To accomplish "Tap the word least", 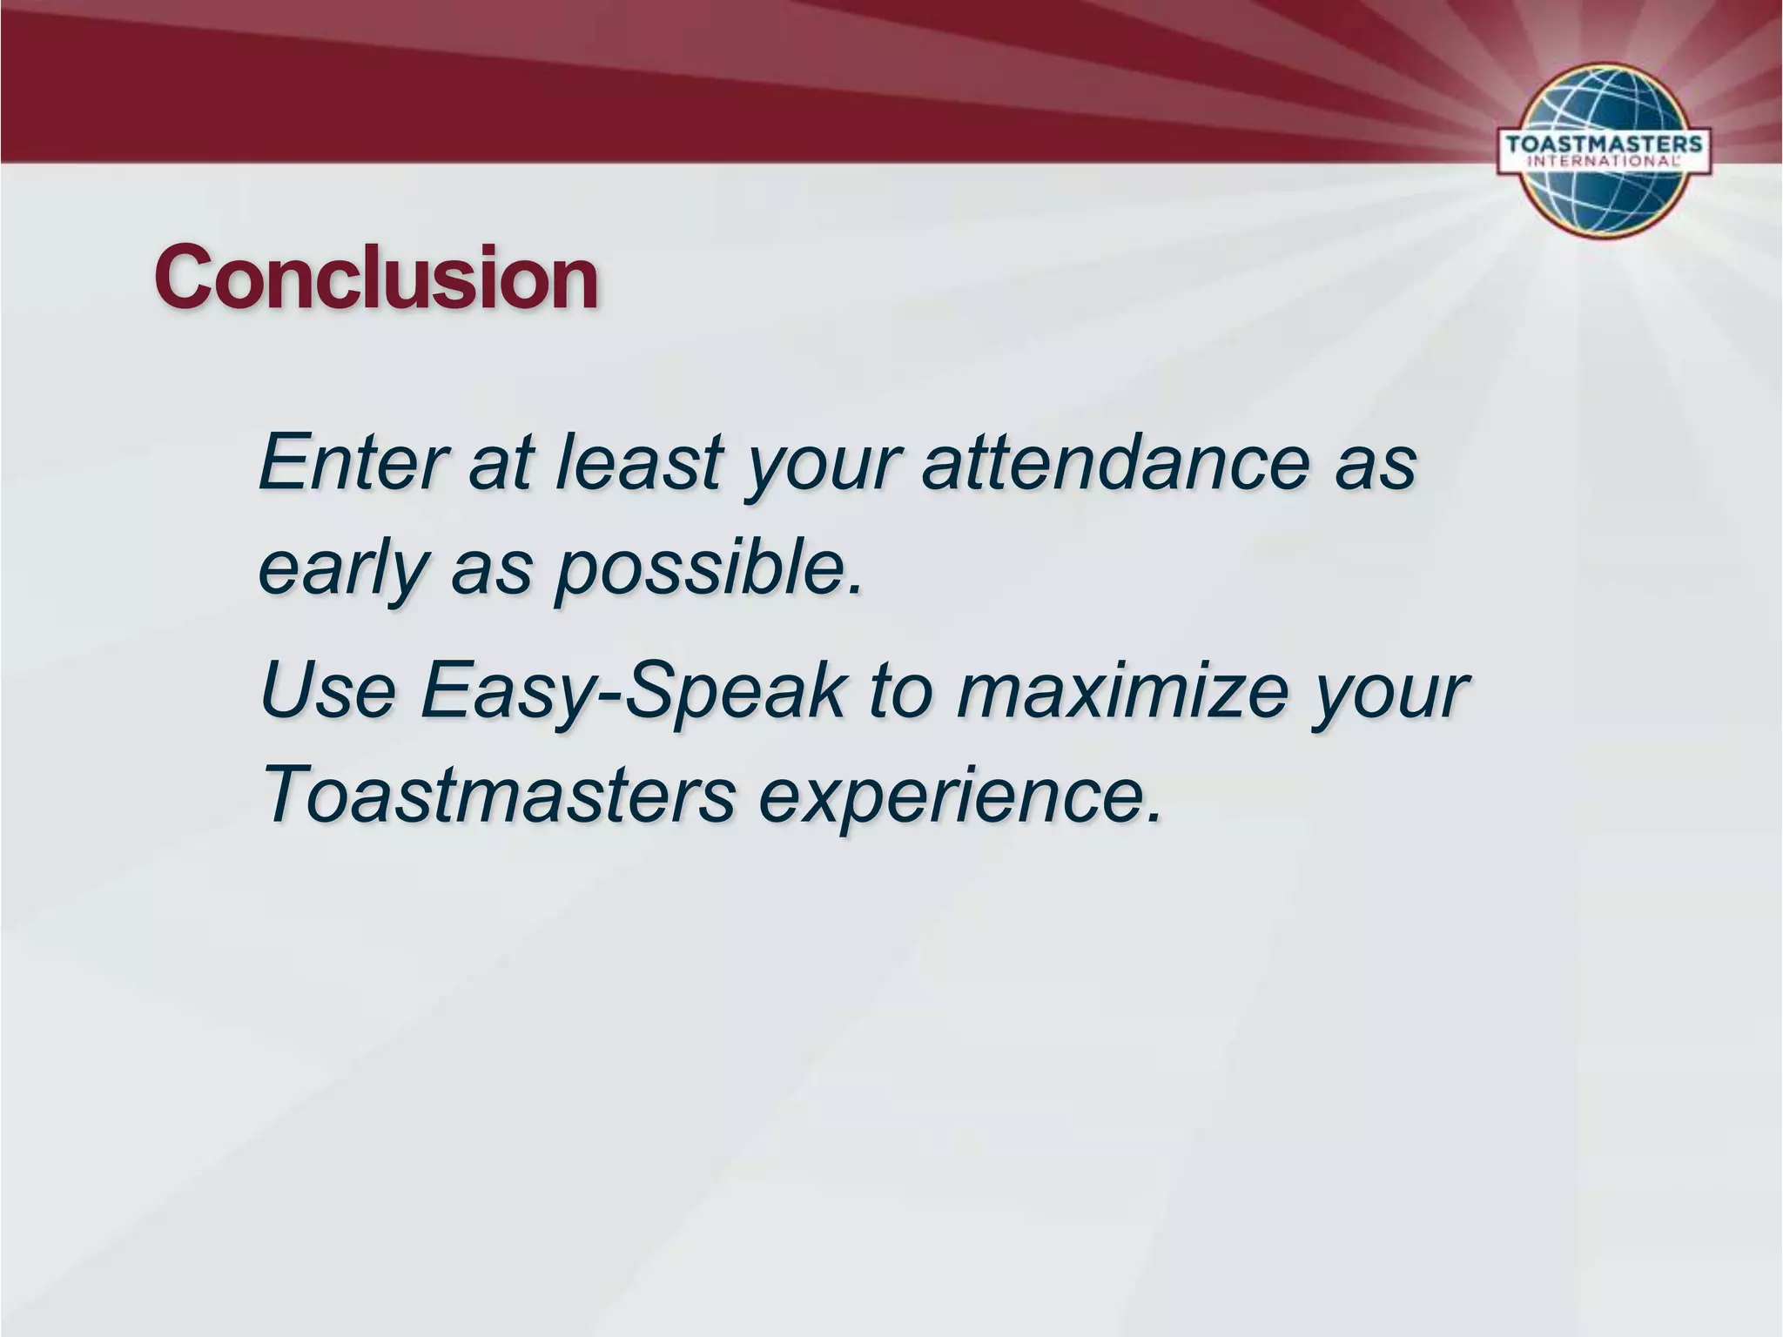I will coord(638,461).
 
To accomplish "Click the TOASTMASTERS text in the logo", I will coord(1603,144).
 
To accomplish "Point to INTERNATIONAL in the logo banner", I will coord(1603,162).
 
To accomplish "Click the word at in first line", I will coord(499,461).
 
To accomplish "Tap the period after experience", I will coord(1154,816).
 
